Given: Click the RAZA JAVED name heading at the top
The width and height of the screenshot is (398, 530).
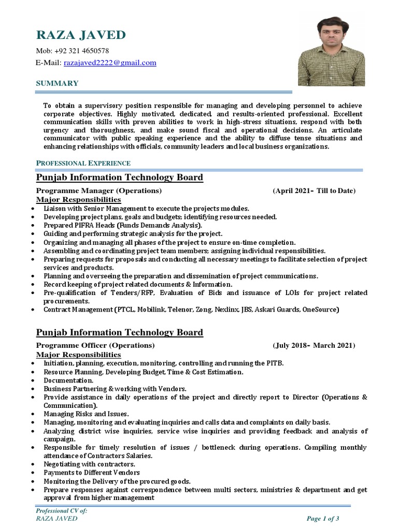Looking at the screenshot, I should [x=80, y=35].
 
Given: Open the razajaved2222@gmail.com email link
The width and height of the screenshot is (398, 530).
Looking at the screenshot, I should [x=109, y=63].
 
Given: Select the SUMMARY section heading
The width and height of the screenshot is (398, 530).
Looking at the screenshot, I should [x=57, y=83].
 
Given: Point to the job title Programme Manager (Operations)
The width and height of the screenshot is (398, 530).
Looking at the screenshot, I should [x=98, y=191].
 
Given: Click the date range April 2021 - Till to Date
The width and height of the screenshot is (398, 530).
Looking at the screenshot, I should [x=314, y=191].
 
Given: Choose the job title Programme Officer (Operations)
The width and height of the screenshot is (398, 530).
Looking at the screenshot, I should [x=95, y=345].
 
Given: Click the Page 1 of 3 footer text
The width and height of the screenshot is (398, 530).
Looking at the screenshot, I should [x=323, y=519].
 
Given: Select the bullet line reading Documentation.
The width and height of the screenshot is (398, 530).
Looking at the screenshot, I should [x=68, y=380].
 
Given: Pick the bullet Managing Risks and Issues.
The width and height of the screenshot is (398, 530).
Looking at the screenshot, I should [x=86, y=414].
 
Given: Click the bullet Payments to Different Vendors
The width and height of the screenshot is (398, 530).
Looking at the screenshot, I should [x=92, y=473].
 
